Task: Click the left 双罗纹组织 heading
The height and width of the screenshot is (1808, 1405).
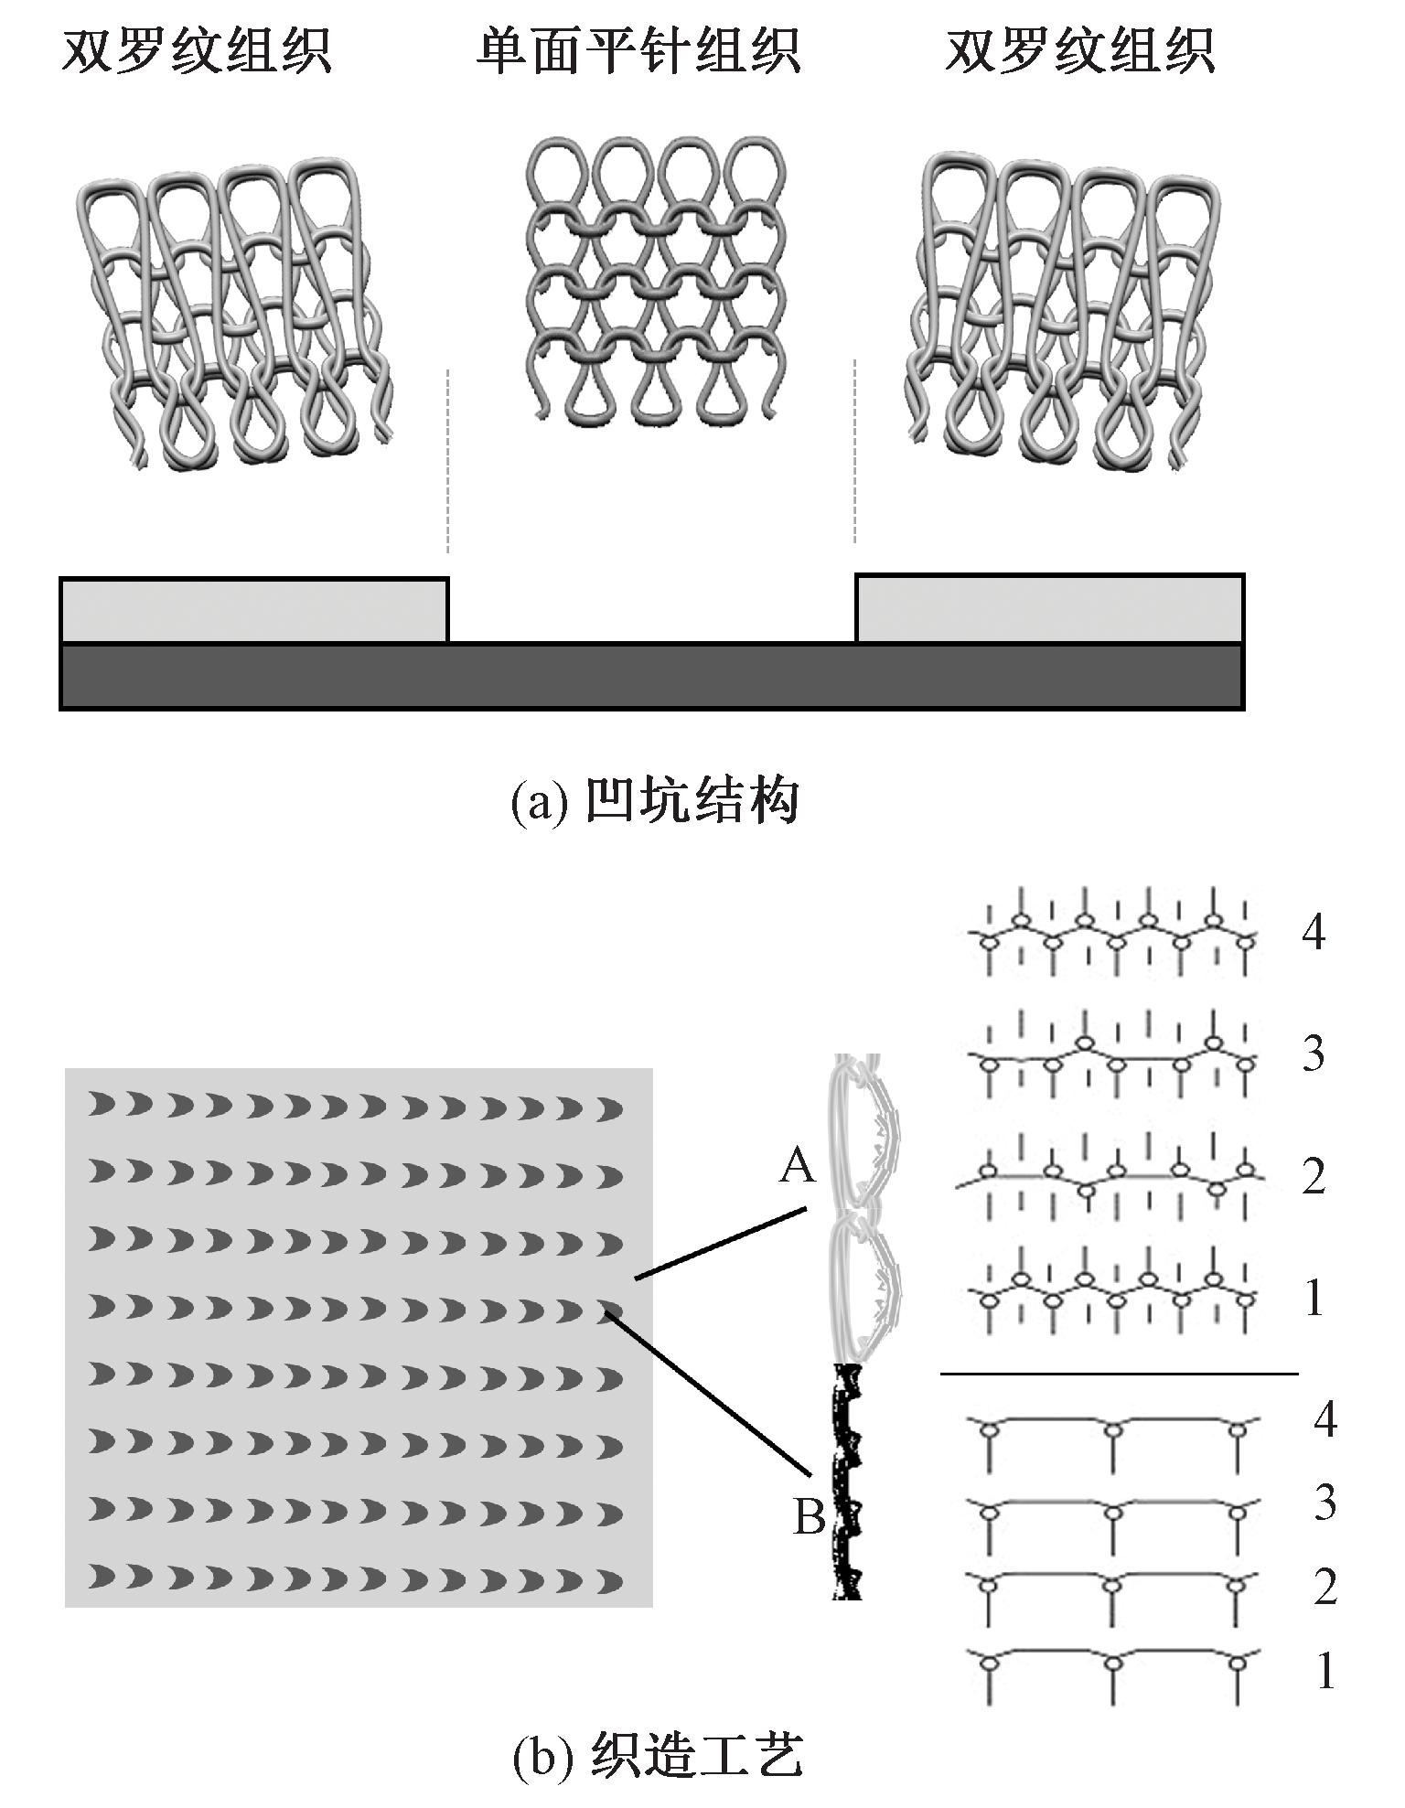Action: (196, 51)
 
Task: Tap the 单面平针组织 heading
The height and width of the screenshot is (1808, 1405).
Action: (638, 51)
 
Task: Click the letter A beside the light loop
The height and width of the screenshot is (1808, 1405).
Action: (797, 1167)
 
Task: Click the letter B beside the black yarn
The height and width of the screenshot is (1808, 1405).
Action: (809, 1517)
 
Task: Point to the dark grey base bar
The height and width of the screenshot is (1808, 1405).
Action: (651, 676)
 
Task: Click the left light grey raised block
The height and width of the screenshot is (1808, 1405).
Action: (254, 610)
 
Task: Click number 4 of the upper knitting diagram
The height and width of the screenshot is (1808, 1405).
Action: (1314, 932)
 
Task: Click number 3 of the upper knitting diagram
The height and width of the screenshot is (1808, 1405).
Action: (1314, 1054)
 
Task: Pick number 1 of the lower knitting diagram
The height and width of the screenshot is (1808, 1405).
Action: (1325, 1672)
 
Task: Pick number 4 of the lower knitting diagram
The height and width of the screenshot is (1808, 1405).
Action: (1325, 1419)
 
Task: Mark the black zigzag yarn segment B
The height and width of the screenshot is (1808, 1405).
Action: (849, 1482)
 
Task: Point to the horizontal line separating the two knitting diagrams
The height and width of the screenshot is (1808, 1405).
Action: (1119, 1373)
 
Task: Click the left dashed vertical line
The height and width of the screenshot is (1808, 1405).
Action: (447, 461)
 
